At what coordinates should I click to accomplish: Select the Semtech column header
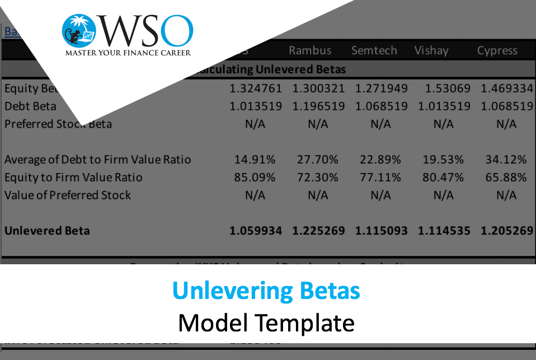[x=374, y=50]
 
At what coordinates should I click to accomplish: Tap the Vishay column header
[x=431, y=50]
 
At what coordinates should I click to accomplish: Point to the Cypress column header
[x=497, y=50]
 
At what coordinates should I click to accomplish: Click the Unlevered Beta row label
[x=47, y=231]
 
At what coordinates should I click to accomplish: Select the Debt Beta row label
[x=30, y=106]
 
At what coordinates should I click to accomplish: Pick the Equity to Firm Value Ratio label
[x=73, y=177]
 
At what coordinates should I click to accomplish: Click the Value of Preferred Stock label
[x=68, y=195]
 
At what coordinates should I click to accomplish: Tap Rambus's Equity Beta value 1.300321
[x=318, y=88]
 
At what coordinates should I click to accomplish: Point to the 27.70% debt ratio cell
[x=318, y=160]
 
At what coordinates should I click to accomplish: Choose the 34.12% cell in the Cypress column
[x=506, y=160]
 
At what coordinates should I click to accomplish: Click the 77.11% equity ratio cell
[x=381, y=177]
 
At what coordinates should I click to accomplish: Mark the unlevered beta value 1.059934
[x=256, y=231]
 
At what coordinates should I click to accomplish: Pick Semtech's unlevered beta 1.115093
[x=381, y=231]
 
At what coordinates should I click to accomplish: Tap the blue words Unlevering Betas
[x=266, y=291]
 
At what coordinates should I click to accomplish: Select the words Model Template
[x=266, y=323]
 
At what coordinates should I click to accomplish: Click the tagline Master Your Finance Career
[x=128, y=53]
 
